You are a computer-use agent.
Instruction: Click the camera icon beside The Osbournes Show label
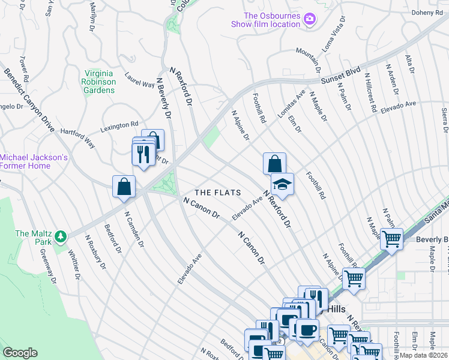click(310, 19)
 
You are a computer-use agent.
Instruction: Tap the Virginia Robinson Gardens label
click(99, 82)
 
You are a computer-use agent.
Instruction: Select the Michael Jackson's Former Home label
click(33, 161)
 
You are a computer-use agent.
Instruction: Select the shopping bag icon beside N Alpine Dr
click(274, 163)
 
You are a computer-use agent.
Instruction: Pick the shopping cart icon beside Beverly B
click(391, 239)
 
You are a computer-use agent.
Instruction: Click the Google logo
click(20, 352)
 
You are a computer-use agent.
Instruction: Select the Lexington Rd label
click(119, 126)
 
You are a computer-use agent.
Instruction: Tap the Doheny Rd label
click(426, 13)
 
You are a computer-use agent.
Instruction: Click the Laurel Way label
click(139, 80)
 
